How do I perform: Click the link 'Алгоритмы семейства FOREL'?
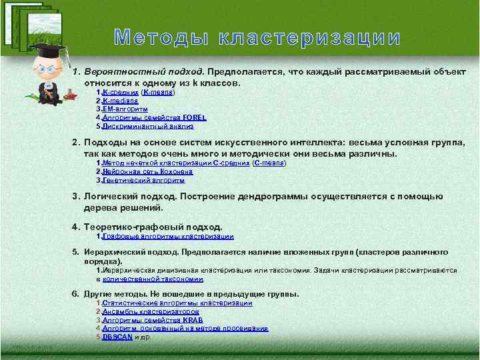click(154, 117)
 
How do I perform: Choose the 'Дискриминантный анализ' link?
click(147, 125)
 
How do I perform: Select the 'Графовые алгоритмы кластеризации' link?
click(167, 236)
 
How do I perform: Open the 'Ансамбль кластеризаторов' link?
click(151, 311)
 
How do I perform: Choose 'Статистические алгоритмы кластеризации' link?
click(177, 303)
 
